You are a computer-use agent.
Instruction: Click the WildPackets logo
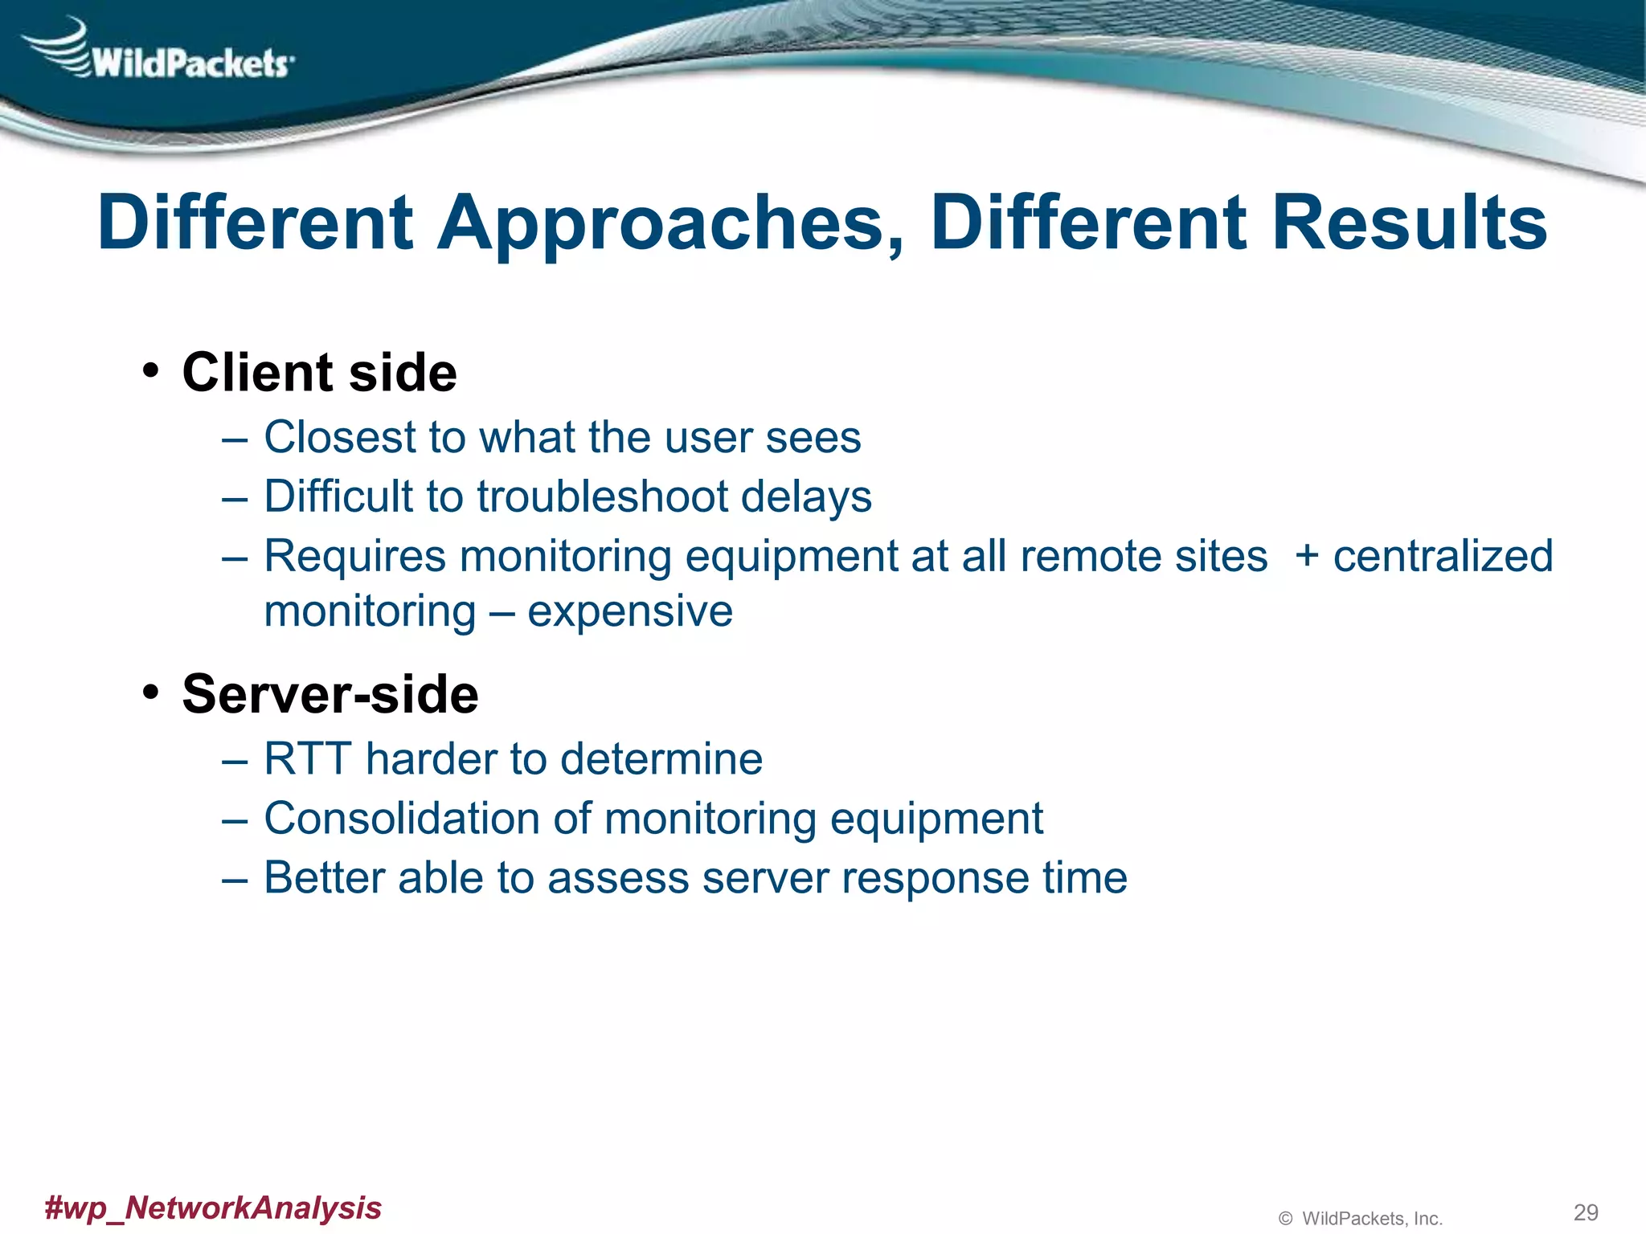[x=161, y=53]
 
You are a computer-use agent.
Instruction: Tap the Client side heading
[x=319, y=373]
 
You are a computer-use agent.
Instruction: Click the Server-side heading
[x=330, y=694]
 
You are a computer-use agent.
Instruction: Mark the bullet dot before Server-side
[x=150, y=693]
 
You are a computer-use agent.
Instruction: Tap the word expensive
[x=630, y=611]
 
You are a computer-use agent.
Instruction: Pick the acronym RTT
[x=309, y=759]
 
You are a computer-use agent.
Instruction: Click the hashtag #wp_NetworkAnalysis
[x=213, y=1207]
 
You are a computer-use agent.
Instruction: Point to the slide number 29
[x=1585, y=1212]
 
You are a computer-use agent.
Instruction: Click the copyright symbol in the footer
[x=1285, y=1219]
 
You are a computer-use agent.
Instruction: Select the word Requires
[x=354, y=557]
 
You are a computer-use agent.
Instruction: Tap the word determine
[x=661, y=759]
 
